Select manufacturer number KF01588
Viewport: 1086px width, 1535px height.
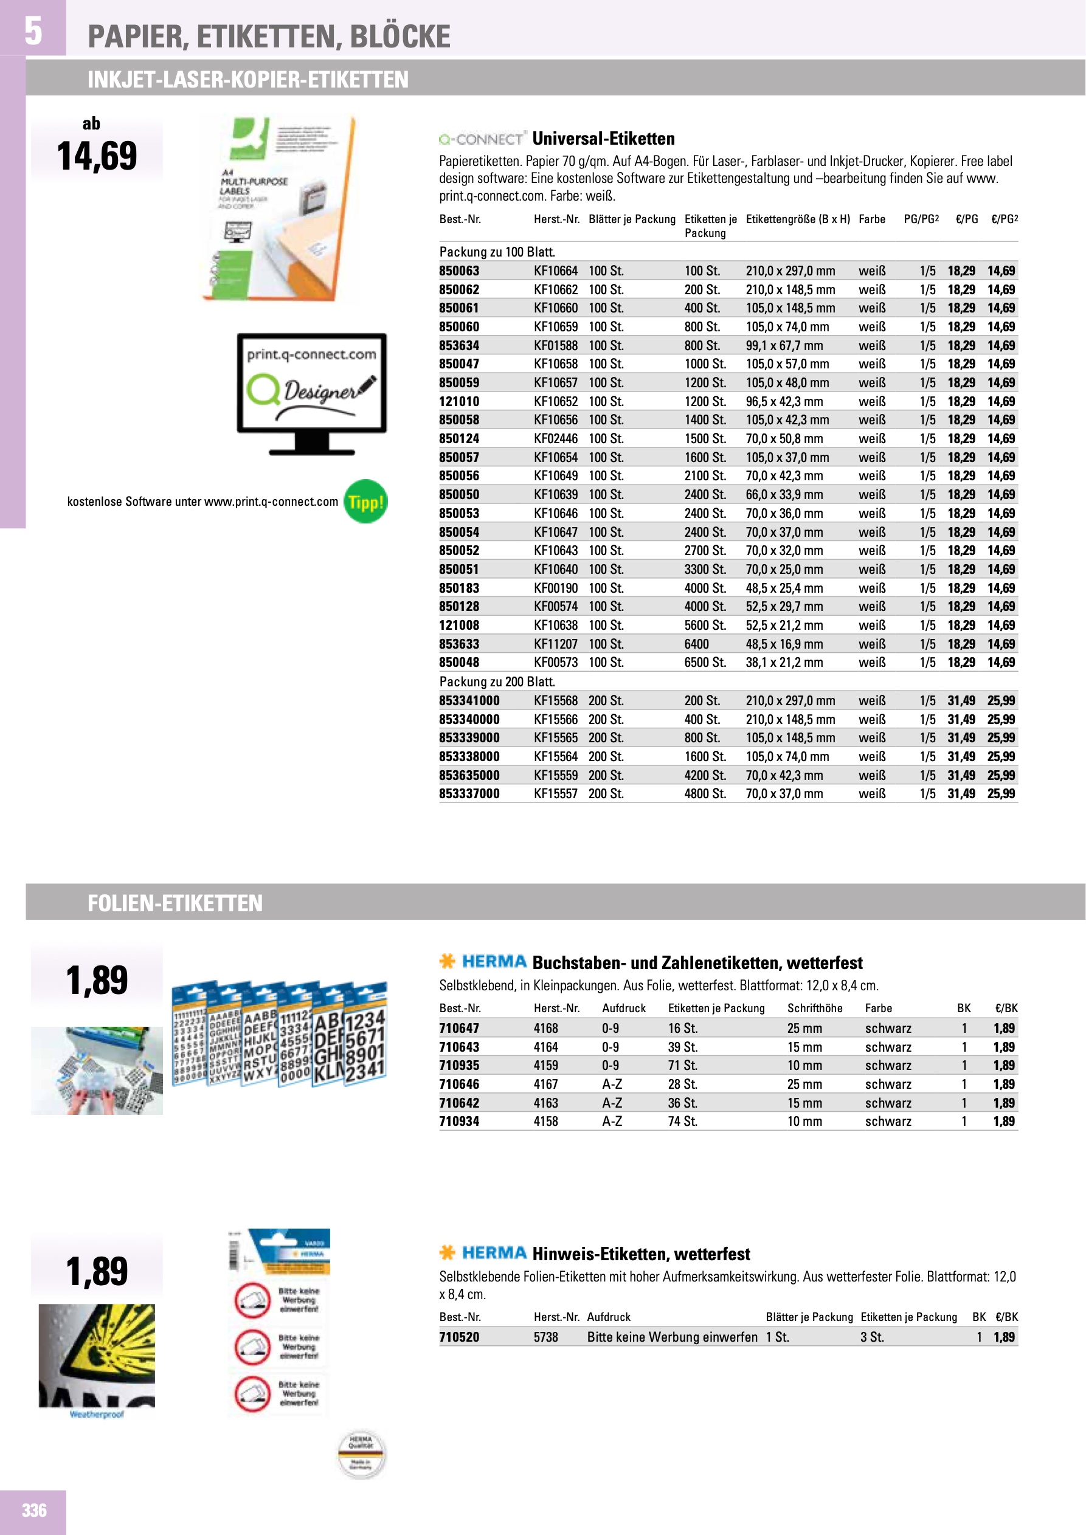pyautogui.click(x=555, y=346)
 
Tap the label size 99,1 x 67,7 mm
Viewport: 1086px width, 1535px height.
pyautogui.click(x=784, y=346)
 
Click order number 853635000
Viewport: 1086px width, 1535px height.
pyautogui.click(x=469, y=776)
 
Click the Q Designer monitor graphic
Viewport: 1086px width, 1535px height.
pyautogui.click(x=311, y=393)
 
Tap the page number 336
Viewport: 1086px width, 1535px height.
pyautogui.click(x=33, y=1510)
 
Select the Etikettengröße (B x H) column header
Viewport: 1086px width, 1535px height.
pyautogui.click(x=797, y=219)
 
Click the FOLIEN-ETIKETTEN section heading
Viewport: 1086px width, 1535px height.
pyautogui.click(x=175, y=903)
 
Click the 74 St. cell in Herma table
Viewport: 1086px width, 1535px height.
pyautogui.click(x=682, y=1121)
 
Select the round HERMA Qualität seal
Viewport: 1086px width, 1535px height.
pyautogui.click(x=361, y=1455)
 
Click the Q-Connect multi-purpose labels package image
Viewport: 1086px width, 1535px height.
pyautogui.click(x=280, y=207)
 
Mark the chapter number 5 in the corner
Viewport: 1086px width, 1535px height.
pyautogui.click(x=33, y=30)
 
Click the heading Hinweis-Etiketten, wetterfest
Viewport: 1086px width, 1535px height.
pyautogui.click(x=641, y=1254)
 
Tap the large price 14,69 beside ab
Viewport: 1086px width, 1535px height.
pyautogui.click(x=97, y=156)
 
